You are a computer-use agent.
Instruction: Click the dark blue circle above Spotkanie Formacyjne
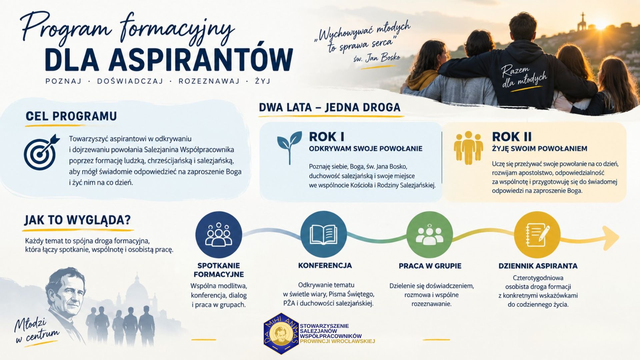[x=219, y=235]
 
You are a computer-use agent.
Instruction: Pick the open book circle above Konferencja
[x=323, y=234]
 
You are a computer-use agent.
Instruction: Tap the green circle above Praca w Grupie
[x=430, y=234]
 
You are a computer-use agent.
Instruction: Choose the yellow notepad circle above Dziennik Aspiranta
[x=537, y=234]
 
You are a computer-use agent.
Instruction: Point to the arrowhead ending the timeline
[x=611, y=238]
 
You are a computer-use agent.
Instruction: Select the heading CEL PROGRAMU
[x=71, y=116]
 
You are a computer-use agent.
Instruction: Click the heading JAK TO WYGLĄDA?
[x=77, y=220]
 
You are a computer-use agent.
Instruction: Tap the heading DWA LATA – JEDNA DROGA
[x=330, y=107]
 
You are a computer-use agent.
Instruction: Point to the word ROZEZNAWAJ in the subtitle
[x=209, y=81]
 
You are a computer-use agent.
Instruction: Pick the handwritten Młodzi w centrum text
[x=35, y=331]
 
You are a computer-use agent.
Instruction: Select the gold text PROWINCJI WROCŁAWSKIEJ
[x=337, y=341]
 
